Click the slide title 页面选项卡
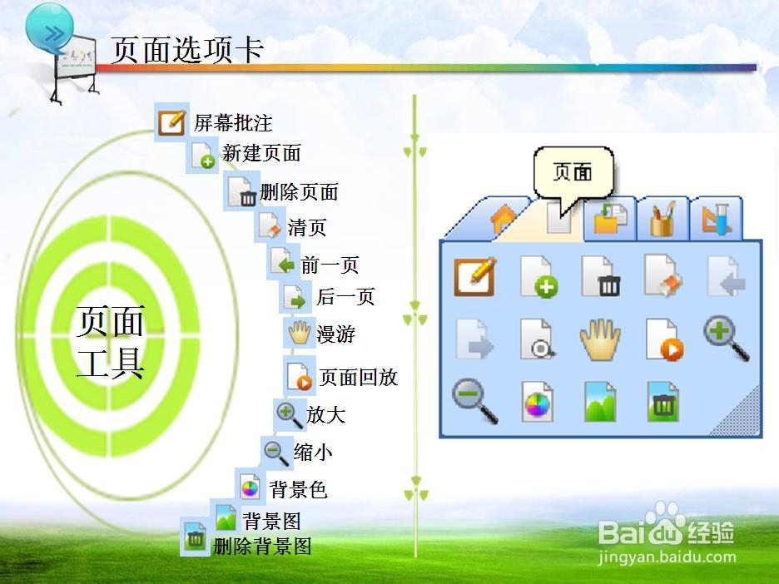pyautogui.click(x=186, y=50)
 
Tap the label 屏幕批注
pyautogui.click(x=233, y=122)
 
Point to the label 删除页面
pyautogui.click(x=299, y=192)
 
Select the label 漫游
pyautogui.click(x=336, y=334)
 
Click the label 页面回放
pyautogui.click(x=358, y=378)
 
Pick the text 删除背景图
pyautogui.click(x=262, y=547)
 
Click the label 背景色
pyautogui.click(x=298, y=490)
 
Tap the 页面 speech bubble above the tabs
pyautogui.click(x=573, y=173)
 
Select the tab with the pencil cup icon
pyautogui.click(x=663, y=219)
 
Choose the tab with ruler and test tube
pyautogui.click(x=716, y=219)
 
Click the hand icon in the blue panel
pyautogui.click(x=600, y=339)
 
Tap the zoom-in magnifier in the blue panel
pyautogui.click(x=727, y=338)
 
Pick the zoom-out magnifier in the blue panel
pyautogui.click(x=475, y=401)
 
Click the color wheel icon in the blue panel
pyautogui.click(x=537, y=402)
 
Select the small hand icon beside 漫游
pyautogui.click(x=300, y=332)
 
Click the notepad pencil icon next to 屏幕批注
pyautogui.click(x=172, y=122)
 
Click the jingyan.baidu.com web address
pyautogui.click(x=666, y=557)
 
